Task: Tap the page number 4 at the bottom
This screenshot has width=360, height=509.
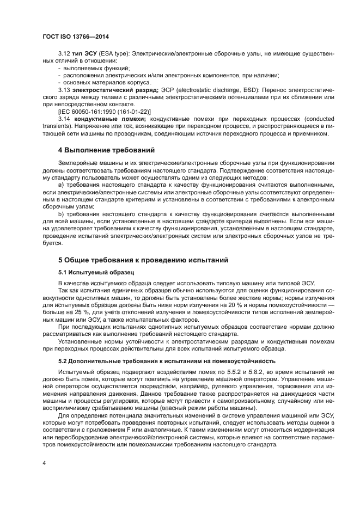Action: coord(44,463)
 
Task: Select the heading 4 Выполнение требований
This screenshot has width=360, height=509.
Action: coord(107,149)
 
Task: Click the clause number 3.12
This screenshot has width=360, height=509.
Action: coord(64,54)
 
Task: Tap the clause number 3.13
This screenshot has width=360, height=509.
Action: coord(64,90)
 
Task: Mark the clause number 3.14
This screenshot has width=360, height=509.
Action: coord(64,118)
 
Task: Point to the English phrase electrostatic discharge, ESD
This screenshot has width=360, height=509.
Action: coord(214,90)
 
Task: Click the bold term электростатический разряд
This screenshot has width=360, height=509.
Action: coord(116,90)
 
